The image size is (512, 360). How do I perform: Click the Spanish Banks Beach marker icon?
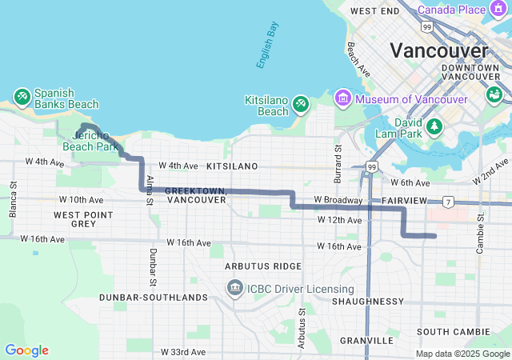coord(22,98)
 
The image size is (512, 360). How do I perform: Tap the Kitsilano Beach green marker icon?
coord(301,103)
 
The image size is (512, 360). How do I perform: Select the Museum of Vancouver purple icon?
coord(342,98)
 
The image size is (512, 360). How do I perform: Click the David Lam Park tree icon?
coord(434,126)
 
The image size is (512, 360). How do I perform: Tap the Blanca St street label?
coord(13,198)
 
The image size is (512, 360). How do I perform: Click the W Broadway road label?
coord(338,199)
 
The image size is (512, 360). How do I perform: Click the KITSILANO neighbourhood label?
coord(232,166)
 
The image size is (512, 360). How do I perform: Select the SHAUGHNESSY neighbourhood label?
coord(368,301)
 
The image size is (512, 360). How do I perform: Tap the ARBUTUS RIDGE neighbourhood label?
coord(263,266)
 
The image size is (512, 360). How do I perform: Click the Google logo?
coord(26,350)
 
